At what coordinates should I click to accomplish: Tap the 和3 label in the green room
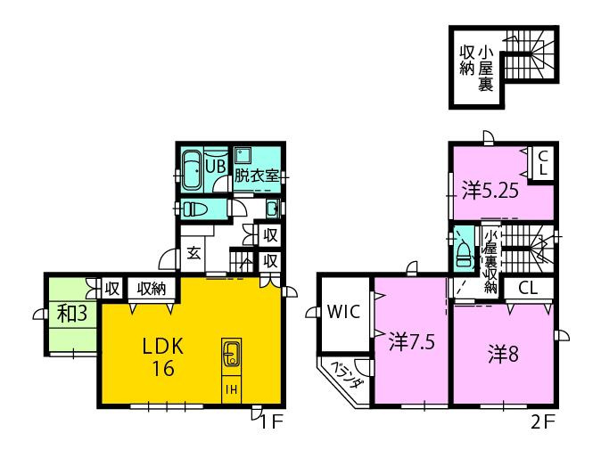tap(70, 313)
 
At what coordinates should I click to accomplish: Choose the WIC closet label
tap(342, 313)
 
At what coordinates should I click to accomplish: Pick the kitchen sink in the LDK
tap(229, 356)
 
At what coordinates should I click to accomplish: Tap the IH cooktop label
tap(229, 389)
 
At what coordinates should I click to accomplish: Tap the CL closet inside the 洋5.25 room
tap(542, 163)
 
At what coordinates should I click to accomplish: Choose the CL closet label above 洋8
tap(527, 288)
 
